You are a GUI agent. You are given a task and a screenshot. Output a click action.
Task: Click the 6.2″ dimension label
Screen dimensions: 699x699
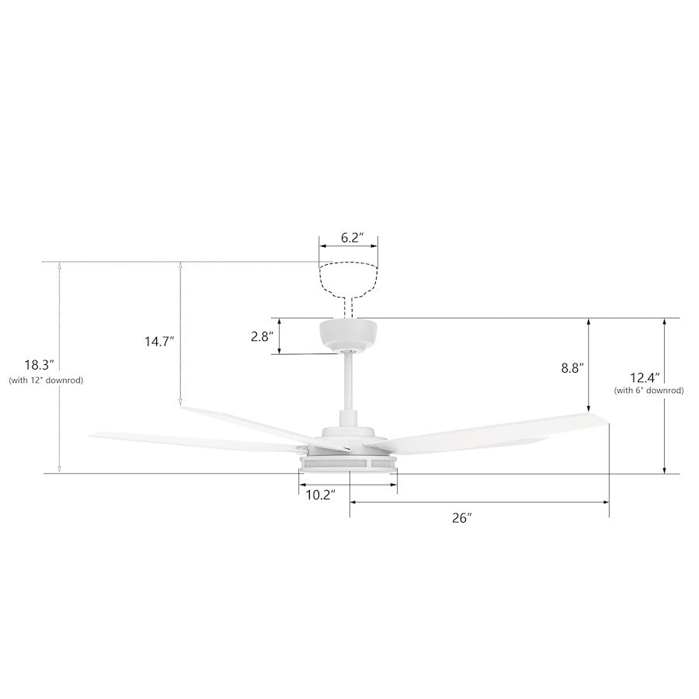click(349, 238)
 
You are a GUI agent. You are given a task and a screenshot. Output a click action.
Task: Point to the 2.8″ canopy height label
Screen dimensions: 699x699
click(262, 336)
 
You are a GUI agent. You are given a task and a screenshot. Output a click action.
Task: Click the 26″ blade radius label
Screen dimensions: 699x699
click(462, 518)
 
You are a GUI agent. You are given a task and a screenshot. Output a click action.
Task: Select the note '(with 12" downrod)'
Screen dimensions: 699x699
click(45, 381)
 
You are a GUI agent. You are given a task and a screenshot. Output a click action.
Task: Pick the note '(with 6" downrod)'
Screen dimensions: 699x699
click(649, 391)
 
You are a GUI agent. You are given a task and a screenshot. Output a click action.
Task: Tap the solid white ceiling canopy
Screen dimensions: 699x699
click(349, 333)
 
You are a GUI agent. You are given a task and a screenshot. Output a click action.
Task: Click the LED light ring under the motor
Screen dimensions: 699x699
click(349, 464)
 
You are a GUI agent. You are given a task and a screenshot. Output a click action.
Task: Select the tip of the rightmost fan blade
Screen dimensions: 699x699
click(606, 420)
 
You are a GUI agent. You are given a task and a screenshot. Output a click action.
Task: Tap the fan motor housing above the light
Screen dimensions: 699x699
click(349, 436)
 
